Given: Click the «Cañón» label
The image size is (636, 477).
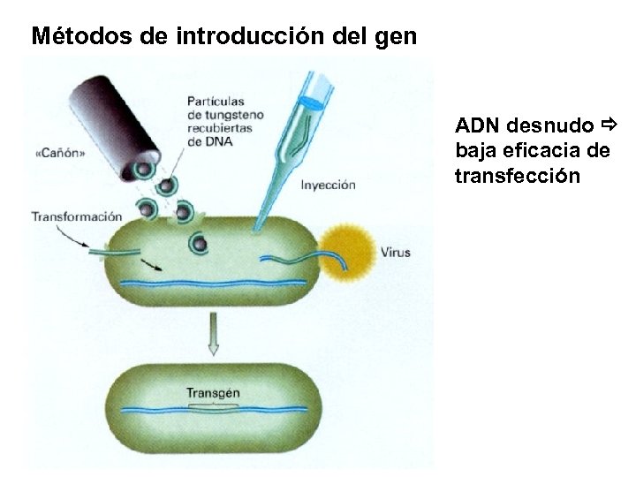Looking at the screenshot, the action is tap(60, 153).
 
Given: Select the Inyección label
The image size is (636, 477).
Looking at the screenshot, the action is tap(328, 185).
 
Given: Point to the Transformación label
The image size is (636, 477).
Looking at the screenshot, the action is tap(76, 216).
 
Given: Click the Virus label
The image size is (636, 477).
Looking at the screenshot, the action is tap(396, 253).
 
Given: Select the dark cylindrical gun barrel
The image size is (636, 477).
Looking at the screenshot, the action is tap(116, 119).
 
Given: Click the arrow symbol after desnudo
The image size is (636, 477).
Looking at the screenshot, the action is tap(607, 126).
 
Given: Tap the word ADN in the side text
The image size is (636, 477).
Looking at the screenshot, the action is tap(478, 127).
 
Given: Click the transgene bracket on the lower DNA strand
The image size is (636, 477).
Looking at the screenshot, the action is tap(213, 405).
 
